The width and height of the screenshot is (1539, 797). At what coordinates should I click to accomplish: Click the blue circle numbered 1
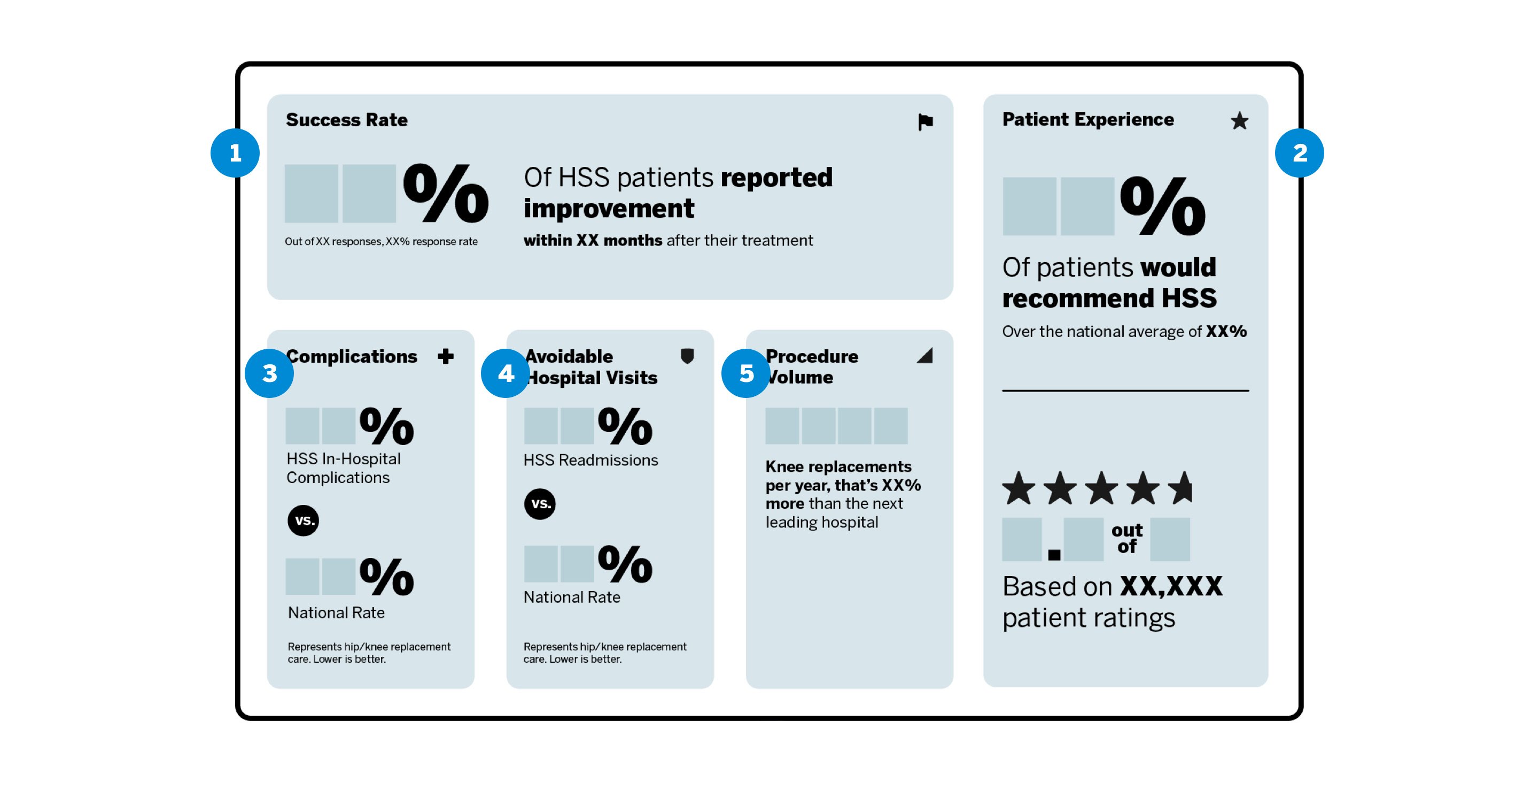click(235, 153)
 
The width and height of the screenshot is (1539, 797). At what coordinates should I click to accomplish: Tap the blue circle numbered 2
click(1299, 153)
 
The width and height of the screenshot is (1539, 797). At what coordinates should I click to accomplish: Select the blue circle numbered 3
click(269, 373)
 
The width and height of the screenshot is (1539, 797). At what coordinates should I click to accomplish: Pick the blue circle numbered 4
click(506, 373)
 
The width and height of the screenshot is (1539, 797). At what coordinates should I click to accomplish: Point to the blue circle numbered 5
click(745, 373)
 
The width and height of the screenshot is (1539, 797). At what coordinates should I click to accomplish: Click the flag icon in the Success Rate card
click(925, 122)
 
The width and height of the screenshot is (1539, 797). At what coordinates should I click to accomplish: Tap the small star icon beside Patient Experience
click(1239, 121)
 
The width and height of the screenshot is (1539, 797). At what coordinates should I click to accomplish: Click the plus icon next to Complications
click(446, 356)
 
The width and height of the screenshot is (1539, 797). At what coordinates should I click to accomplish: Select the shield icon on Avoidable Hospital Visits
click(687, 356)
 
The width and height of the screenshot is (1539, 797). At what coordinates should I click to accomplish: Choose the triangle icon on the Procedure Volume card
click(926, 356)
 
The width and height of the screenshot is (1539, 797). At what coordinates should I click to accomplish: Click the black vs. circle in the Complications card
click(304, 520)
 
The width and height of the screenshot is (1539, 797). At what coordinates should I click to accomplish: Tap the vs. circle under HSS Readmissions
click(540, 503)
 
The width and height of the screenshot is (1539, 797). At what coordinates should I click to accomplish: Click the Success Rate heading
click(346, 120)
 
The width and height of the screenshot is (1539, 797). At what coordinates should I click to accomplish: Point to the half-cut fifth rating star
click(1181, 488)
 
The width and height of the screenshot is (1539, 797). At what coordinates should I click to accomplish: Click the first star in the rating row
click(1019, 488)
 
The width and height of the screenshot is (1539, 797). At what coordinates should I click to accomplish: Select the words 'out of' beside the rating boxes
click(1127, 538)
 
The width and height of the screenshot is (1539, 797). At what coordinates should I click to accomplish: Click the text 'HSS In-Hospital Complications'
click(343, 468)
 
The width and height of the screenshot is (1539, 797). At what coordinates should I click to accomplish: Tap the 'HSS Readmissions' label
click(590, 460)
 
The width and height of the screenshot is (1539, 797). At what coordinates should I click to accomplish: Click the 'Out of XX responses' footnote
click(380, 242)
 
